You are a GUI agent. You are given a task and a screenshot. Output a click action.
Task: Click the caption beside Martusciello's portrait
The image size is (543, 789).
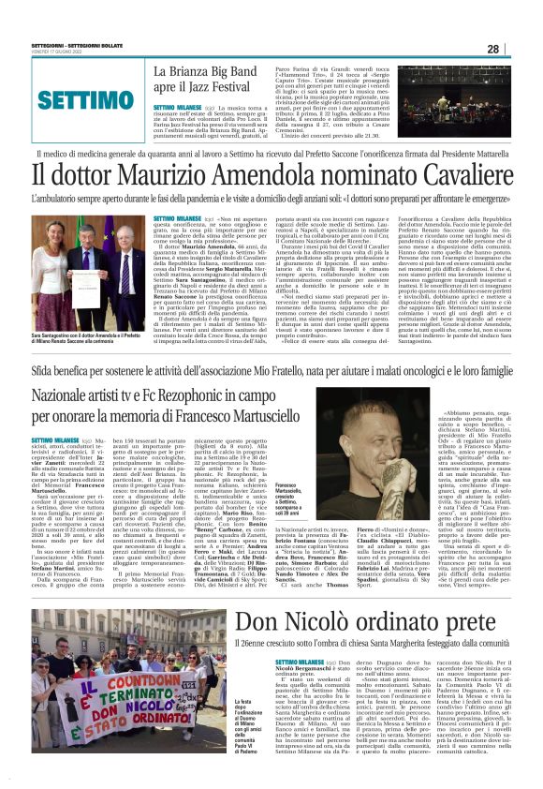point(291,502)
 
